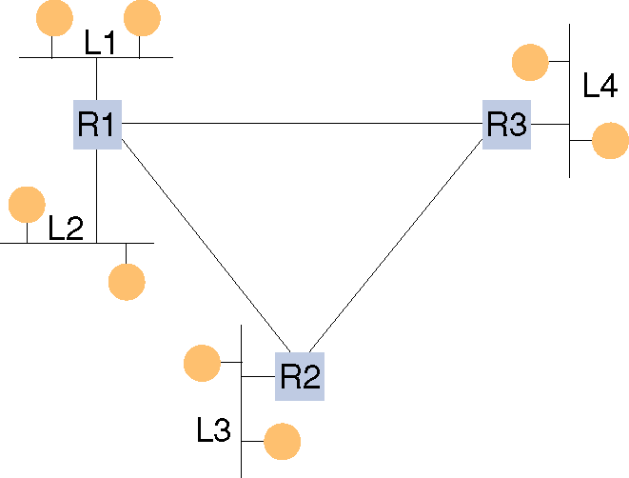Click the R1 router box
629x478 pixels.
tap(97, 124)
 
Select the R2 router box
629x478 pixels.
tap(300, 376)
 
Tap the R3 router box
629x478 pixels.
tap(506, 124)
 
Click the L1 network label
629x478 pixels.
tap(99, 42)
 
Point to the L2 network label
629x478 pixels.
tap(66, 228)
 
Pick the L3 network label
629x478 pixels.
tap(213, 431)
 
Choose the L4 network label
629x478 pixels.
tap(600, 87)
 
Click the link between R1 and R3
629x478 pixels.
tap(300, 123)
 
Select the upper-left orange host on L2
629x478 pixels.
tap(27, 204)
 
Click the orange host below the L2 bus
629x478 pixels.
tap(127, 282)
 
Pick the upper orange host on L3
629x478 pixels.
tap(202, 364)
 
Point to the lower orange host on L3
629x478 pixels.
tap(282, 442)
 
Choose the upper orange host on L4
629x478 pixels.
tap(530, 63)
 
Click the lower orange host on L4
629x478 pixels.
tap(610, 141)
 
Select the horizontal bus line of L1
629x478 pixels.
tap(95, 57)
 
